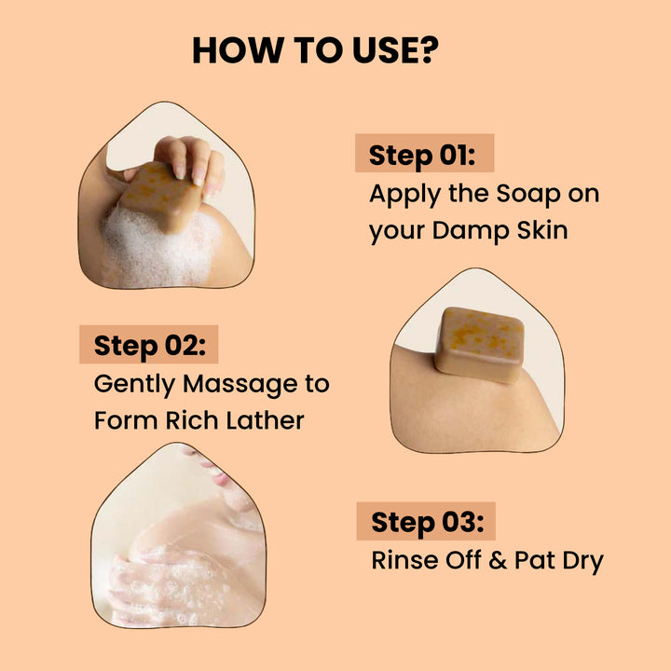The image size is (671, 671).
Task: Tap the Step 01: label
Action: coord(422,155)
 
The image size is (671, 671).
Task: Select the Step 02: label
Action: coord(155,346)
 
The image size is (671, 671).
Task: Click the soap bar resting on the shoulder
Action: coord(480,343)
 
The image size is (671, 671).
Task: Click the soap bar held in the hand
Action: coord(161,196)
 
